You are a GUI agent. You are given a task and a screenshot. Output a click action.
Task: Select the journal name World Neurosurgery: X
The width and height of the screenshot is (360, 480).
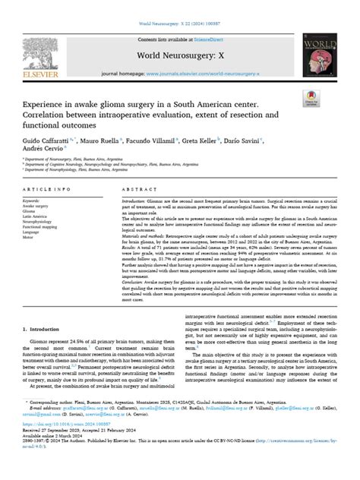click(180, 55)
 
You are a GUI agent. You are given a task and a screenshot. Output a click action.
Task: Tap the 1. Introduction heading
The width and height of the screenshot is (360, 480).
click(47, 308)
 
